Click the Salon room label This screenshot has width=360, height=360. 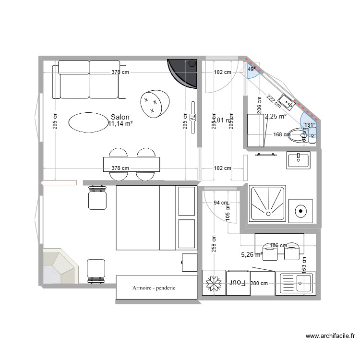(120, 117)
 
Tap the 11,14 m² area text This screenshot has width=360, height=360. (120, 124)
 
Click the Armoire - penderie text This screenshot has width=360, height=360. (155, 288)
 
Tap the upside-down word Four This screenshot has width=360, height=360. (237, 283)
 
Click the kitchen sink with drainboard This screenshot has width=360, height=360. (296, 284)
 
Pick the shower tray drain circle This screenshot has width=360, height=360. (301, 210)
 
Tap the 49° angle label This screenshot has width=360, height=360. (251, 69)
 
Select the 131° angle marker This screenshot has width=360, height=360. (309, 125)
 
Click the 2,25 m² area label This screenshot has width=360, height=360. (276, 116)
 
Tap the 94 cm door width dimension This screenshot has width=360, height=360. (220, 203)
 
